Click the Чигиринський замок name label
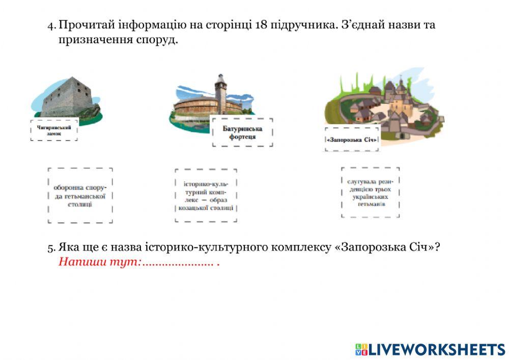[x=54, y=130]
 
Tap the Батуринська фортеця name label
[x=242, y=133]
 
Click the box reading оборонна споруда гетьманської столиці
[x=80, y=196]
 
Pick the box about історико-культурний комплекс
[x=206, y=196]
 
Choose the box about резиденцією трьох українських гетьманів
[x=370, y=192]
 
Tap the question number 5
[x=51, y=248]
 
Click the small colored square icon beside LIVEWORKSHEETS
[x=361, y=349]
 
